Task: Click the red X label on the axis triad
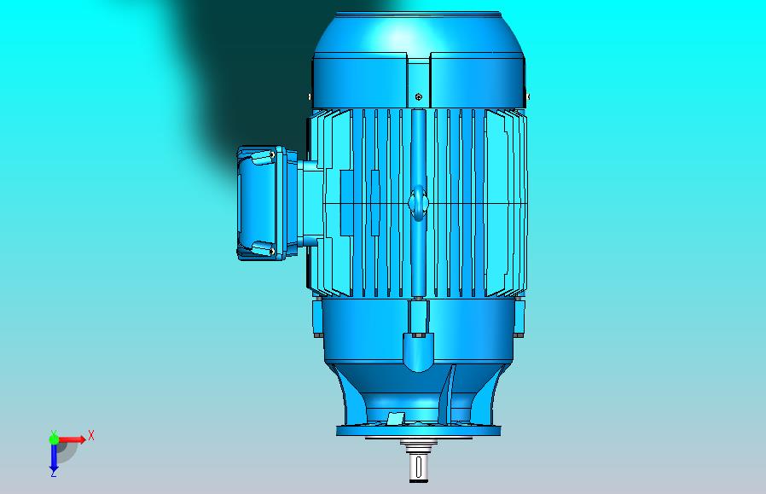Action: tap(91, 435)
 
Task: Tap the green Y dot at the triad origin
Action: tap(54, 439)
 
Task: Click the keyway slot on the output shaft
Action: tap(418, 467)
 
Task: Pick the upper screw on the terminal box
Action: tap(272, 155)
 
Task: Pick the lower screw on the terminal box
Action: tap(271, 251)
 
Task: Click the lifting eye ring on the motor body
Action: tap(418, 202)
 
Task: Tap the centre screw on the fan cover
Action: tap(418, 96)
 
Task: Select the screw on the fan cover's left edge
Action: tap(310, 96)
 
